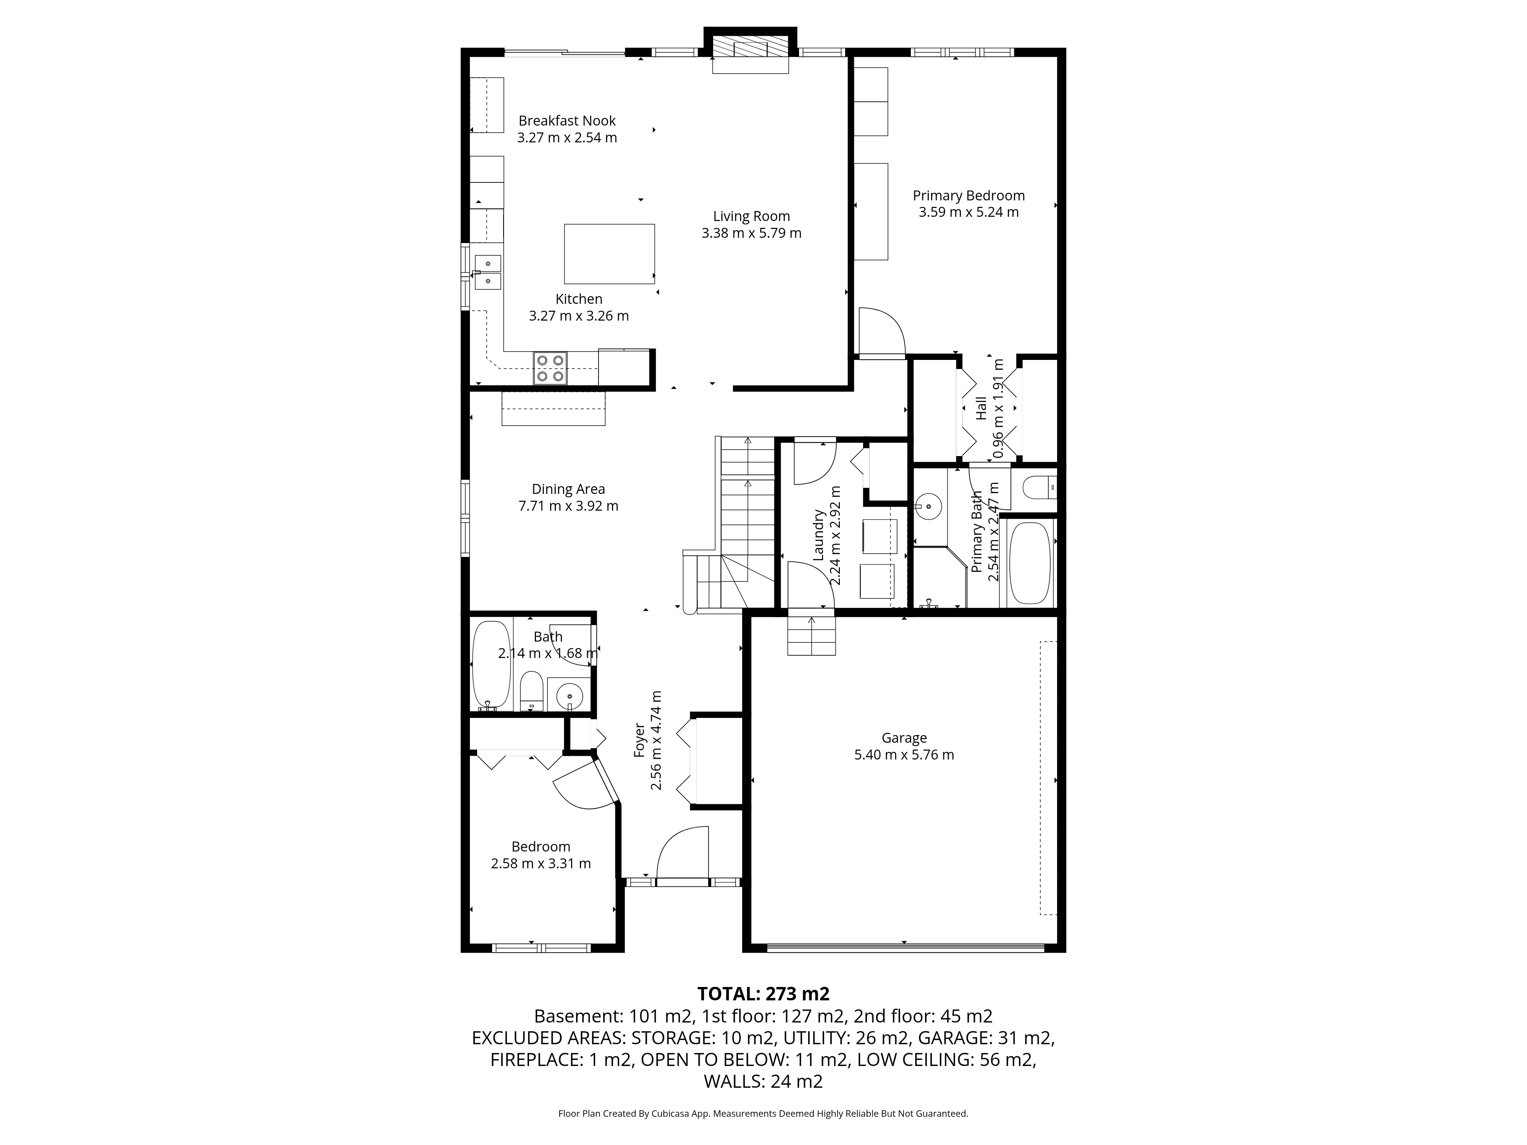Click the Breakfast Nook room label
[x=567, y=121]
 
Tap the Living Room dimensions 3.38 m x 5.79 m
[x=751, y=233]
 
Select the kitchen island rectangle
[x=609, y=254]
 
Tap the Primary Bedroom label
[x=968, y=196]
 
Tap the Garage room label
[x=904, y=738]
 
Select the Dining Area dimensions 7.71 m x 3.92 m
[x=568, y=506]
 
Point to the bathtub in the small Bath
[x=492, y=664]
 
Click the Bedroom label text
[x=541, y=847]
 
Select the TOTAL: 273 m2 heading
[x=763, y=994]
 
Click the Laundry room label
[x=819, y=535]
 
